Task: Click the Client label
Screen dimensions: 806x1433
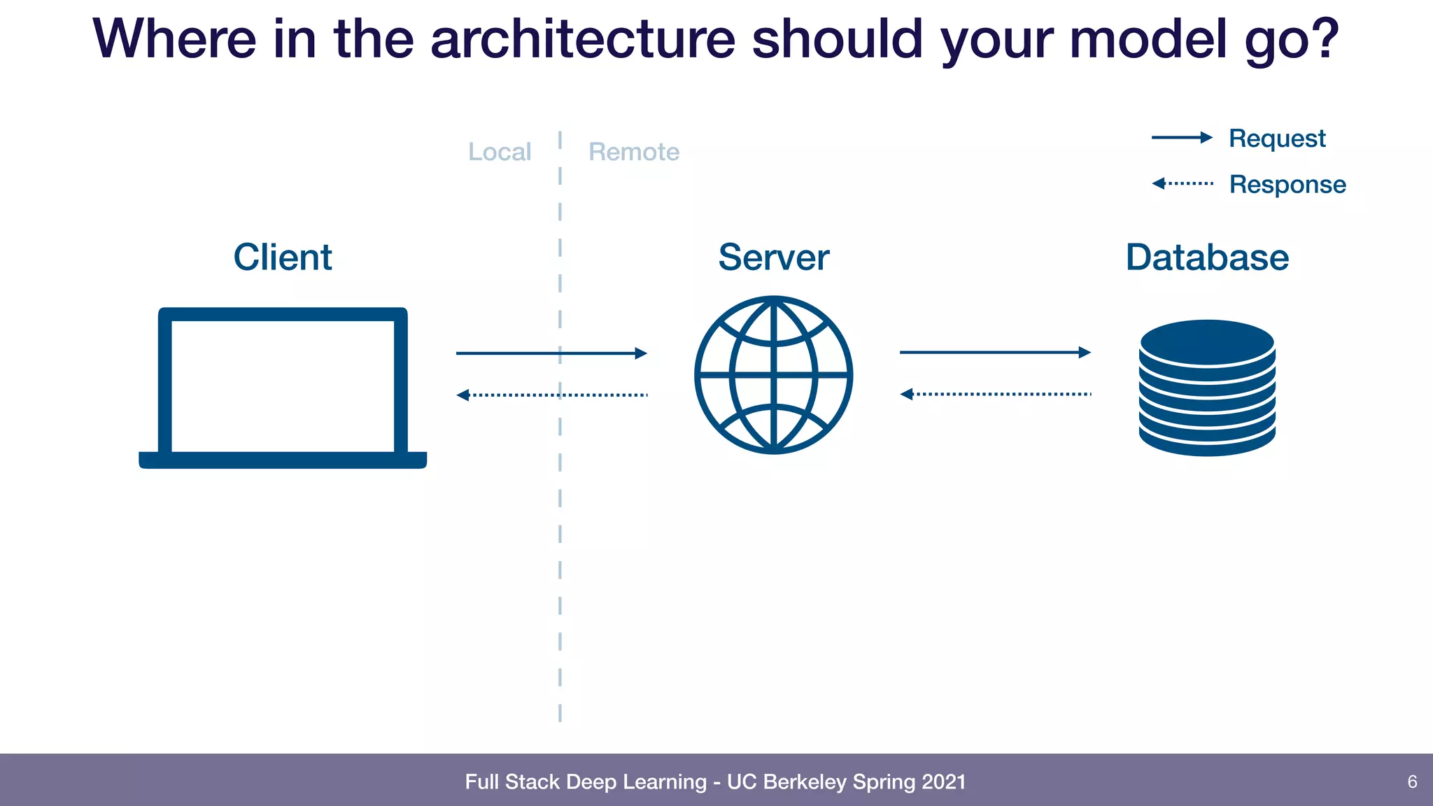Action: (282, 257)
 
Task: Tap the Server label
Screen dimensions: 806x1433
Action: (773, 257)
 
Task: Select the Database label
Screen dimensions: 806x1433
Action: (1207, 257)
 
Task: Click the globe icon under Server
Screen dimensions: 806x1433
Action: (773, 375)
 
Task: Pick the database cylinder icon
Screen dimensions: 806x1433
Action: (1207, 388)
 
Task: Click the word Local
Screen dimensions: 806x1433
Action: (500, 152)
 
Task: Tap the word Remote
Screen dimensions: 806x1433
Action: (634, 152)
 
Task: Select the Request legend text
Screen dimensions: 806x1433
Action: (1277, 139)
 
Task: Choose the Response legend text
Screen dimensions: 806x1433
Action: (1287, 185)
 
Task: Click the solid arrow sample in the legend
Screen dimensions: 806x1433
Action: (1182, 138)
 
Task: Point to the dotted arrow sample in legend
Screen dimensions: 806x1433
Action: (1183, 183)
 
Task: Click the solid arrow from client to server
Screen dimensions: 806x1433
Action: (551, 353)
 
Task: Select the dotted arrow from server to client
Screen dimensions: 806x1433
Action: (551, 395)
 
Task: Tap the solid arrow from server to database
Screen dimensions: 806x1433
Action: (995, 353)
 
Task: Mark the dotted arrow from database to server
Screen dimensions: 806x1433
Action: (995, 395)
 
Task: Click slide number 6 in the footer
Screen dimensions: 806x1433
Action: (1412, 782)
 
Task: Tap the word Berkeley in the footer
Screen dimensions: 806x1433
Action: (805, 782)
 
